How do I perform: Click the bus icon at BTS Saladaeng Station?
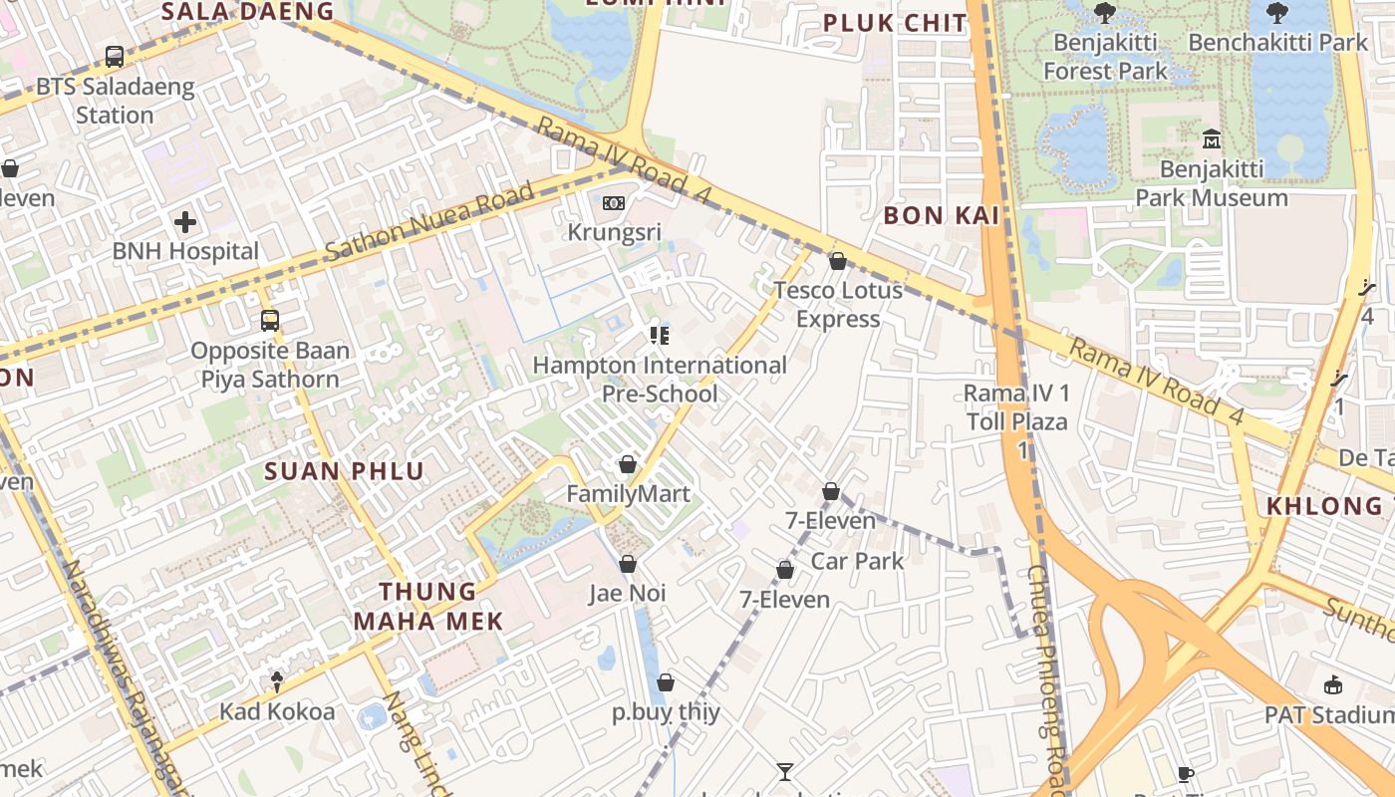click(x=115, y=57)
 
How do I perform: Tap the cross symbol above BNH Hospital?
click(x=185, y=222)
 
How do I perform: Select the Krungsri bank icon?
click(x=614, y=203)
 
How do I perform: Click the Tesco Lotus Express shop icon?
click(x=838, y=261)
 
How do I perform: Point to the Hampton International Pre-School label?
click(x=660, y=380)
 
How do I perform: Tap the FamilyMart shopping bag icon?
click(x=628, y=464)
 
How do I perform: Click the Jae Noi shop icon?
click(x=628, y=564)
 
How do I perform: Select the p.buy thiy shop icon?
click(x=666, y=682)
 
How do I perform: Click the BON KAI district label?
click(x=942, y=215)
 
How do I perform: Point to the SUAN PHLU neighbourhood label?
click(x=345, y=471)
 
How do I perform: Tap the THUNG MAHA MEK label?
click(x=428, y=606)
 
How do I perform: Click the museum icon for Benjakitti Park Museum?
click(x=1212, y=138)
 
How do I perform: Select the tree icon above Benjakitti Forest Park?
click(x=1104, y=12)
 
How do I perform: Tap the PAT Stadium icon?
click(x=1333, y=684)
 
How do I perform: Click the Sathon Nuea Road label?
click(x=430, y=222)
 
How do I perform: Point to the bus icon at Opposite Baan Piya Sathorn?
click(x=270, y=321)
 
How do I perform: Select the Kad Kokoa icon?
click(x=277, y=681)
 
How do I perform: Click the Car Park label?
click(x=857, y=561)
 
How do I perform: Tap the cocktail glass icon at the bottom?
click(x=785, y=771)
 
